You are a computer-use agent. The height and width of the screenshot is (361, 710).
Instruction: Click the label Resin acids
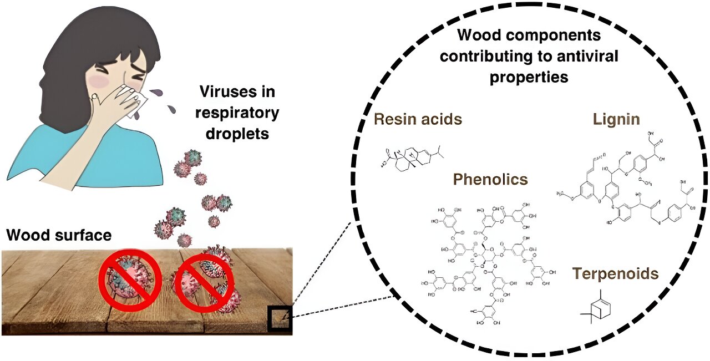point(418,119)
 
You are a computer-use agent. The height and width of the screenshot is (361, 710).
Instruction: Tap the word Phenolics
point(490,179)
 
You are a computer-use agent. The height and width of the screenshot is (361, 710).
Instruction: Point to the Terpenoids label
point(616,273)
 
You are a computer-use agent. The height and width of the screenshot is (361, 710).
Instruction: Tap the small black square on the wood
point(280,318)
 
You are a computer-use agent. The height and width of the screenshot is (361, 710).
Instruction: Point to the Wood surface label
point(59,235)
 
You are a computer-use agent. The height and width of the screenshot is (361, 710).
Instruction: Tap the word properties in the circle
point(529,77)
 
